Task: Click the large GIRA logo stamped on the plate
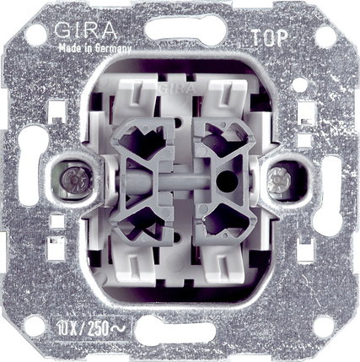(86, 30)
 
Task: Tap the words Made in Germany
(94, 49)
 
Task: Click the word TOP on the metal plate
(269, 38)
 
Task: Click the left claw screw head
(73, 179)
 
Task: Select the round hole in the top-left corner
(36, 35)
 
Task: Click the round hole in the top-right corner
(326, 37)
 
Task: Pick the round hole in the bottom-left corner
(35, 326)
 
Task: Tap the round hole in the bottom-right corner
(324, 327)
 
